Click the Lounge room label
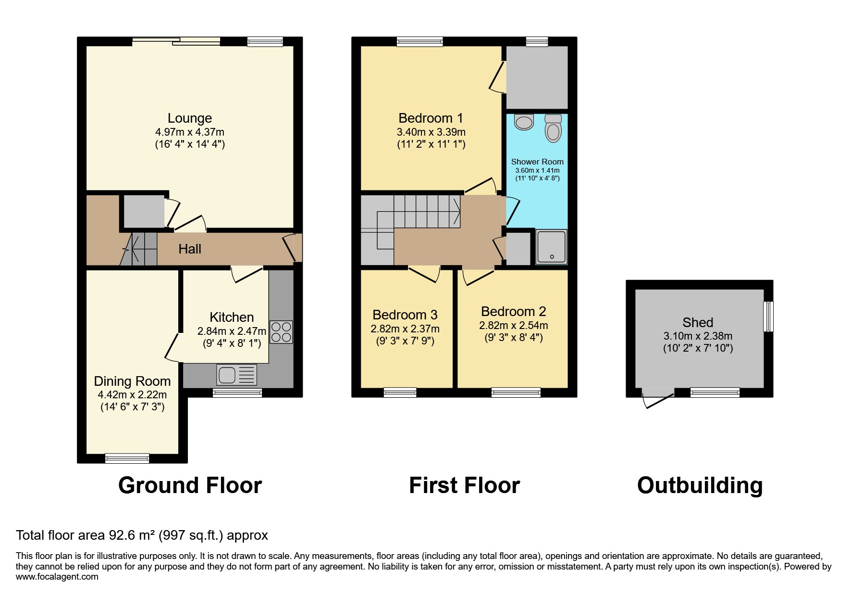click(189, 118)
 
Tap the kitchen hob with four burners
click(281, 332)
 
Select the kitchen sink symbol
click(237, 375)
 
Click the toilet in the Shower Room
click(554, 128)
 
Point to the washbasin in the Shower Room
click(523, 122)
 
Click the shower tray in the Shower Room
click(552, 247)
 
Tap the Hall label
click(190, 249)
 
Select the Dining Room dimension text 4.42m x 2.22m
click(132, 394)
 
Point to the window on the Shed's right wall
click(768, 316)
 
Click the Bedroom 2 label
click(513, 311)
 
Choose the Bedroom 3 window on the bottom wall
click(400, 393)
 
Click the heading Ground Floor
click(190, 485)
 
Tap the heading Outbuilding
click(700, 485)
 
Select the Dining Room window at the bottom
click(127, 458)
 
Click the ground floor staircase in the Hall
click(139, 249)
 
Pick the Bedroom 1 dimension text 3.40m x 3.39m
click(431, 132)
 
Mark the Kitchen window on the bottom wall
click(237, 393)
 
